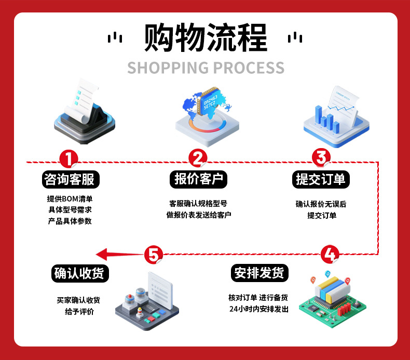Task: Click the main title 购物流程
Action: (x=206, y=37)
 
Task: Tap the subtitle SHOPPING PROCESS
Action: (x=206, y=68)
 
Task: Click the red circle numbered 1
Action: (x=69, y=158)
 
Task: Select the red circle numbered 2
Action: (x=198, y=158)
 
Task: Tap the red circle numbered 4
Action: (x=331, y=254)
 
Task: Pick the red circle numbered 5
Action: (x=153, y=254)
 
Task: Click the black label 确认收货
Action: (x=80, y=273)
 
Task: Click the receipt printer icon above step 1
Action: (x=85, y=112)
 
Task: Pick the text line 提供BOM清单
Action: (x=70, y=198)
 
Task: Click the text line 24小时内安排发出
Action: (x=258, y=309)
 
